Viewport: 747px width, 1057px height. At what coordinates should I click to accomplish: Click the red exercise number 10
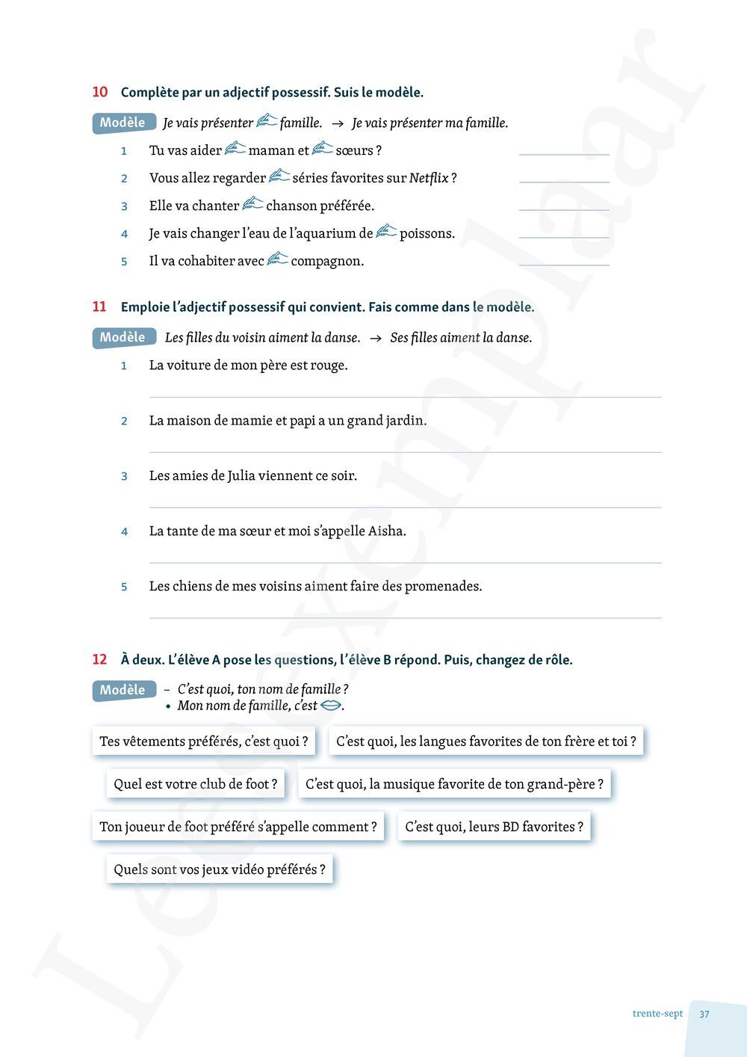99,92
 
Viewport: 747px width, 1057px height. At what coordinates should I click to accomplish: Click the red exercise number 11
99,306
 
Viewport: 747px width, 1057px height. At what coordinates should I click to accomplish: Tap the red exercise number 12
99,659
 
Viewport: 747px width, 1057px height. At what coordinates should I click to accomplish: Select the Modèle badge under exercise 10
123,123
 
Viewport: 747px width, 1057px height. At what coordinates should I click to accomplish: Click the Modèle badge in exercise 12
123,690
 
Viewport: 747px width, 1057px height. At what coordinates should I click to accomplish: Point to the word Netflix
429,178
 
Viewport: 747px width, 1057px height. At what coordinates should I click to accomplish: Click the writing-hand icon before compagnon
277,259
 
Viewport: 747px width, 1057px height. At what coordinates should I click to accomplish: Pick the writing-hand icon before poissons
386,232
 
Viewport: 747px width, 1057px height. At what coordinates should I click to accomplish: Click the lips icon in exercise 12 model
330,705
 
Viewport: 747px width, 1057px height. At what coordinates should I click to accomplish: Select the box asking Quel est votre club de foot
196,784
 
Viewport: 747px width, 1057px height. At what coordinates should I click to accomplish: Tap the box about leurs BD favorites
494,827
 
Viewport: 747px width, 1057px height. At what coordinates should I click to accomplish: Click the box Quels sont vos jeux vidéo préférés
220,869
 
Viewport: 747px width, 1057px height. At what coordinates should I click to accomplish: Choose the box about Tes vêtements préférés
204,742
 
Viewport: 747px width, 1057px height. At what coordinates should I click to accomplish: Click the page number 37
704,1014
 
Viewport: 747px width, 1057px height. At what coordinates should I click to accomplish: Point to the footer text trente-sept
657,1014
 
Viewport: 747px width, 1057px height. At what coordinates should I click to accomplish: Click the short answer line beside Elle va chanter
564,210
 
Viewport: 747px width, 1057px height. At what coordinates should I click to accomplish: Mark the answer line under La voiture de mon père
405,397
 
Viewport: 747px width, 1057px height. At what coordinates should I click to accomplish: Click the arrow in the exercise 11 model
376,338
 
